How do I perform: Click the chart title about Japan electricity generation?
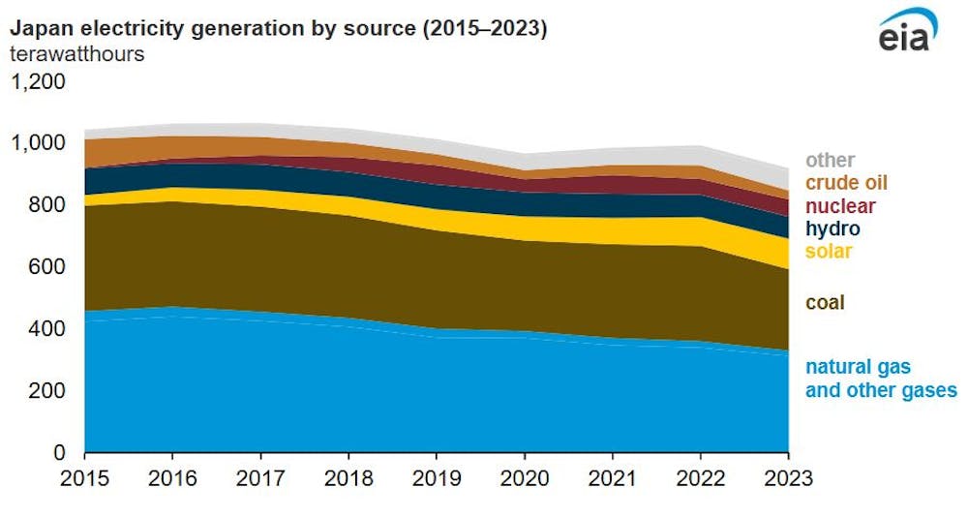(279, 29)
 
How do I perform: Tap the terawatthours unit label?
(77, 54)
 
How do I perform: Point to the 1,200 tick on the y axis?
(39, 81)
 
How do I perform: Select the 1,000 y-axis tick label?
(39, 143)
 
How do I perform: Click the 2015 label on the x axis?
(85, 477)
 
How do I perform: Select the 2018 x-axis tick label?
(348, 477)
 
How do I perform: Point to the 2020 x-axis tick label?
(525, 477)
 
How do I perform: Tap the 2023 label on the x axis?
(788, 477)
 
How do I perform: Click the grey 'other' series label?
(830, 161)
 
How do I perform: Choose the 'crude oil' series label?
(846, 183)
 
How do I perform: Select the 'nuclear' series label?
(840, 206)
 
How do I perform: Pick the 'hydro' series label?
(832, 229)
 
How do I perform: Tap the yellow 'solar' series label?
(829, 252)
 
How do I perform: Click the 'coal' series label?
(825, 303)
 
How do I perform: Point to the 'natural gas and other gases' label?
(880, 380)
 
